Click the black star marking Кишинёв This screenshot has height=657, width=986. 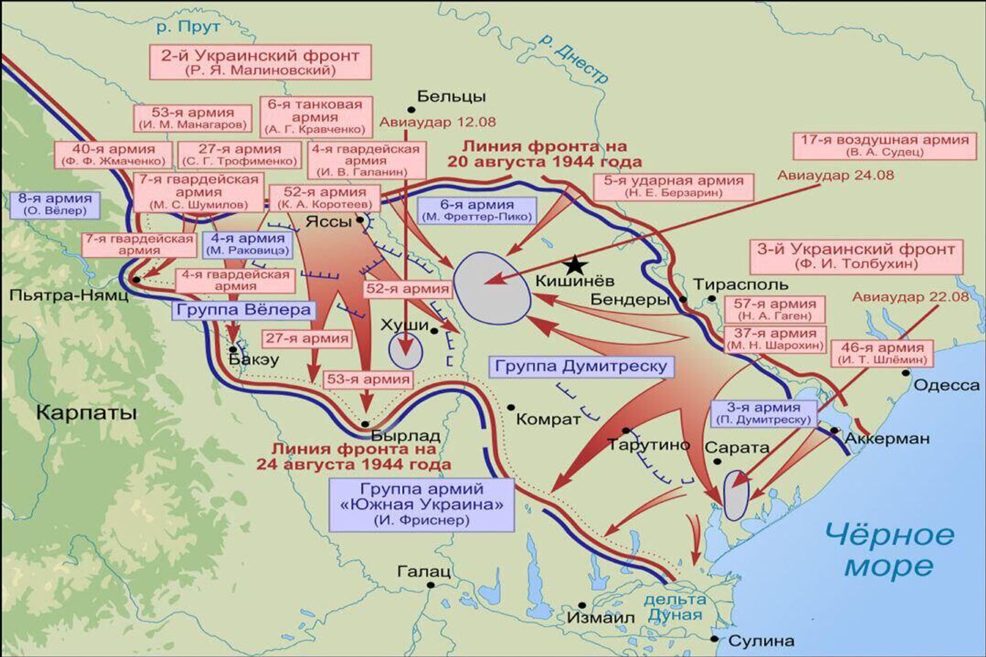[575, 265]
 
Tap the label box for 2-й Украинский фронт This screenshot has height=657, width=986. [260, 62]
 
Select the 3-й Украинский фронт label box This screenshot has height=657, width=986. [856, 256]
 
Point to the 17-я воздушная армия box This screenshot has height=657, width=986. [884, 145]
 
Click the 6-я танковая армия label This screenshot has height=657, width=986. [315, 117]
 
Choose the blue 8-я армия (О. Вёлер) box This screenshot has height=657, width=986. [55, 204]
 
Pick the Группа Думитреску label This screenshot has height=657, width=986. [581, 366]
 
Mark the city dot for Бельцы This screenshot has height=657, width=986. [411, 109]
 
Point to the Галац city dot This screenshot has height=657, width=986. [431, 585]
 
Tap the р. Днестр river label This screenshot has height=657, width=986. [574, 58]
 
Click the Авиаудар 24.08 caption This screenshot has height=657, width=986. [835, 176]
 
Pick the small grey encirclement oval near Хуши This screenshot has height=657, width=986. [406, 351]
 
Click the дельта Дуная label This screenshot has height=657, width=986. [675, 607]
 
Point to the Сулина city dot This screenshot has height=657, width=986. [714, 639]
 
